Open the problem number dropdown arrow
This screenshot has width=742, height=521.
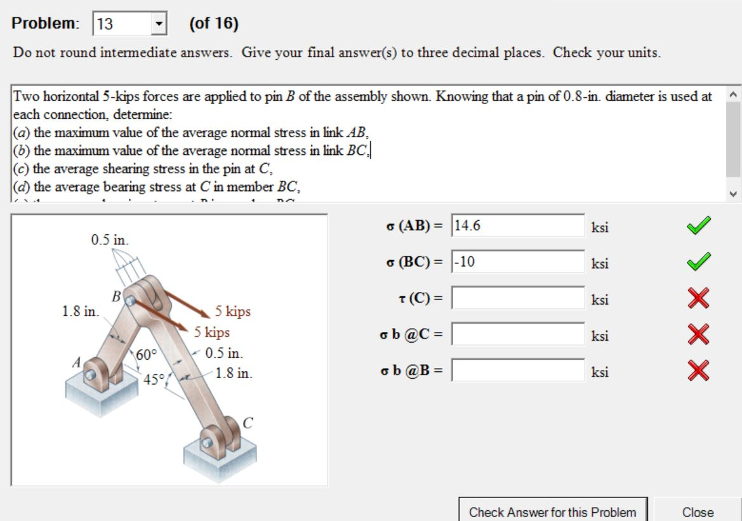(x=158, y=25)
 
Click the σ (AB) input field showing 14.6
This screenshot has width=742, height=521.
(x=518, y=226)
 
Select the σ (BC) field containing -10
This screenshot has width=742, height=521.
(x=518, y=261)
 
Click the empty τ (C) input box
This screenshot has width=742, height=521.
(x=518, y=298)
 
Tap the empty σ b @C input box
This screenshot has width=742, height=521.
(x=518, y=334)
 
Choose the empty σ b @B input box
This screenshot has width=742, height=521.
(x=518, y=370)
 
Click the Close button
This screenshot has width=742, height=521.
(x=698, y=511)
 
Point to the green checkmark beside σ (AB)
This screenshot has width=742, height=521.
(x=698, y=225)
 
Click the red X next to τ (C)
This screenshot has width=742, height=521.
(x=698, y=298)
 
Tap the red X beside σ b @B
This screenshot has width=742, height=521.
(x=698, y=371)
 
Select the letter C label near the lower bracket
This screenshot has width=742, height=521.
(x=248, y=423)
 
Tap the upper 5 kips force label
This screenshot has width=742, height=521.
(x=232, y=312)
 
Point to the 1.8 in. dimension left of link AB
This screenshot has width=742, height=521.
(x=80, y=312)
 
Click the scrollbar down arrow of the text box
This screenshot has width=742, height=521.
(x=733, y=194)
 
